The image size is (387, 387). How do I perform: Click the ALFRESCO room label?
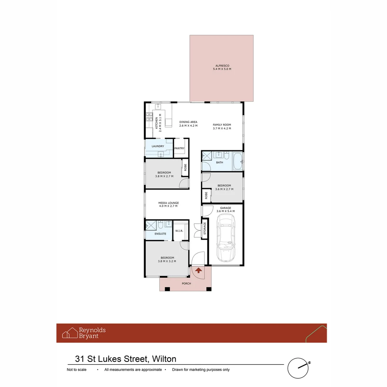pos(222,66)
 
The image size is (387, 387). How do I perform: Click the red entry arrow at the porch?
pos(198,270)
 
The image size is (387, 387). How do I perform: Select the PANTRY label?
pos(179,148)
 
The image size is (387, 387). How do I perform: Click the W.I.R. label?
pos(179,231)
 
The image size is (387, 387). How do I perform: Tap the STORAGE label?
pos(205,229)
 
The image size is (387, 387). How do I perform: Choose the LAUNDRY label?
pos(158,146)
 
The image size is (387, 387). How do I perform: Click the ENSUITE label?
pos(160,234)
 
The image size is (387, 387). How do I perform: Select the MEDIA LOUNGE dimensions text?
pos(168,206)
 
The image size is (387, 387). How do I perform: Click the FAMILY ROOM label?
pos(222,125)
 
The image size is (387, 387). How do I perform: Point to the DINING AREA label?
pos(188,122)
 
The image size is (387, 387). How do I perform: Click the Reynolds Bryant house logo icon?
pos(70,333)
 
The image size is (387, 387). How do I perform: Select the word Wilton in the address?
pos(164,359)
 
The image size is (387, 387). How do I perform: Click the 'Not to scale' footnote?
pos(76,370)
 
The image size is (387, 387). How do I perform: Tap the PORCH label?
pos(186,283)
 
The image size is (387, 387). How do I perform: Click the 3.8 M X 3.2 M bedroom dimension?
pos(167,261)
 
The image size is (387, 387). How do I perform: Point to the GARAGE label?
pos(225,208)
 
